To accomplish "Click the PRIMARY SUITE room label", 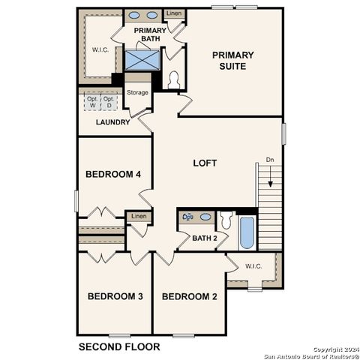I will click(x=232, y=61).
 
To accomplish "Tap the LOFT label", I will click(x=205, y=163).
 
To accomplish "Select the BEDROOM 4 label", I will click(x=113, y=175).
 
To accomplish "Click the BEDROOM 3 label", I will click(x=115, y=296).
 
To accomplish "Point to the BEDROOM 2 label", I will click(x=190, y=296).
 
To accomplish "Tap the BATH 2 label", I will click(x=204, y=238).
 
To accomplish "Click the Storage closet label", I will click(x=137, y=93).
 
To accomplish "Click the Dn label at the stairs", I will click(x=270, y=160).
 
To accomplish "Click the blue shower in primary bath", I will click(x=139, y=59).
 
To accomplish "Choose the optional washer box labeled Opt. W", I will click(x=93, y=102).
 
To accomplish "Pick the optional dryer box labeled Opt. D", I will click(x=109, y=102).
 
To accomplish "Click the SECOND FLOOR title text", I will click(x=119, y=346).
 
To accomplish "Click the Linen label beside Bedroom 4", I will click(x=139, y=217).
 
